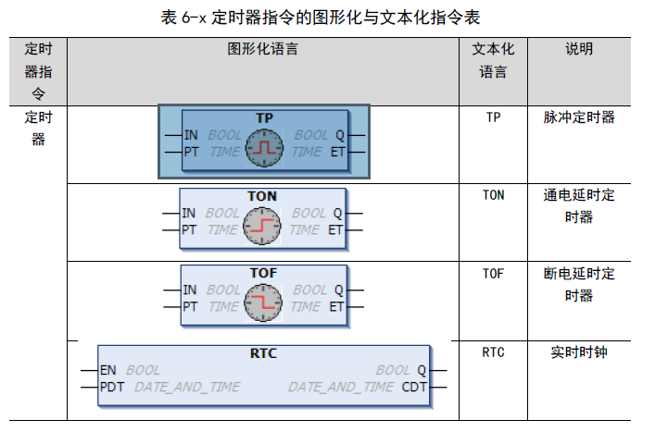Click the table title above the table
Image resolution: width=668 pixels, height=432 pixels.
334,16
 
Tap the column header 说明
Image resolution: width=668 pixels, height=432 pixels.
579,49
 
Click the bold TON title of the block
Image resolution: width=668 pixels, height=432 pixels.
262,196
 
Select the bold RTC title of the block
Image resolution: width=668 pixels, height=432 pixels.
263,353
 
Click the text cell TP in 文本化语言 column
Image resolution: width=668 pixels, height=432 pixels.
494,118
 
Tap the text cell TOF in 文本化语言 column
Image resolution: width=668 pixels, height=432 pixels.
494,274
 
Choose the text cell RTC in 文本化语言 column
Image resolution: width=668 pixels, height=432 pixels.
494,352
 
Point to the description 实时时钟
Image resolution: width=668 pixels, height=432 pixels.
579,352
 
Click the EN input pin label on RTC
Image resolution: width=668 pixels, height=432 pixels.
108,370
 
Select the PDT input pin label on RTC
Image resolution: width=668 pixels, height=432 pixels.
112,387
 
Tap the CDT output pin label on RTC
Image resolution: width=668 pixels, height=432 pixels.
414,387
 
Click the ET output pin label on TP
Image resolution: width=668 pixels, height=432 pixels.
338,151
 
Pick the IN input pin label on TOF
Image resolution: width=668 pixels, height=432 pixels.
189,290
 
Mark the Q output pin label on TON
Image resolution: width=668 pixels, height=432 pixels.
337,213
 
